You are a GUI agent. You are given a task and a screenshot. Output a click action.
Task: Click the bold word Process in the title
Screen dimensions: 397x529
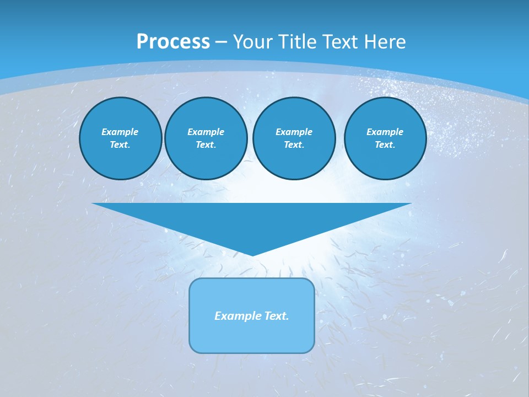point(173,42)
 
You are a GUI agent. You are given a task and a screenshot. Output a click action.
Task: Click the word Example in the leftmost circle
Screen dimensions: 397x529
point(120,132)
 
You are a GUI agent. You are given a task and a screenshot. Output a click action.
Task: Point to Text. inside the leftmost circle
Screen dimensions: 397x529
point(120,145)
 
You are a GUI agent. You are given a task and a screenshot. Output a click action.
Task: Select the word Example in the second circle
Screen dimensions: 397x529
point(206,132)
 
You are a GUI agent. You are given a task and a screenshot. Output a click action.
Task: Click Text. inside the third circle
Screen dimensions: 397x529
point(294,145)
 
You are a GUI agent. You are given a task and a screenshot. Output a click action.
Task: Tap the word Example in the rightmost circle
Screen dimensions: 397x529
point(385,132)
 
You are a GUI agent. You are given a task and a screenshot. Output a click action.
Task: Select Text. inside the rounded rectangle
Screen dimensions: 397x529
point(276,316)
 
